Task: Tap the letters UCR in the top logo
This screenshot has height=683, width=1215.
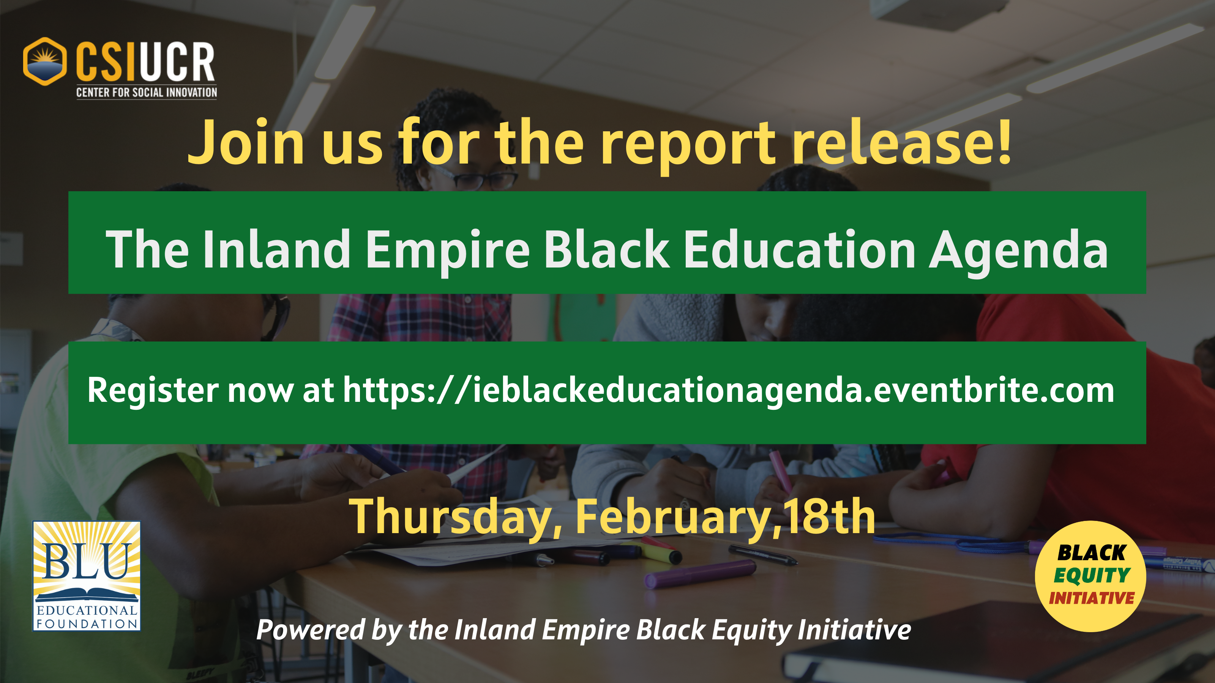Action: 177,62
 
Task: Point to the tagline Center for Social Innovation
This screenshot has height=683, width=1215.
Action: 147,92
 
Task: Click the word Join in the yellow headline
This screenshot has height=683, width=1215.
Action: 246,142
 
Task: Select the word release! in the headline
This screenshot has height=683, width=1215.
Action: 901,142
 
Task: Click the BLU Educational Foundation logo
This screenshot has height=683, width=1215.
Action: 86,576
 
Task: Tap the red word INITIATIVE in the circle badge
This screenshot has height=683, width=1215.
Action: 1092,598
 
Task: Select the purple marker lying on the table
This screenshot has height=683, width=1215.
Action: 701,574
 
